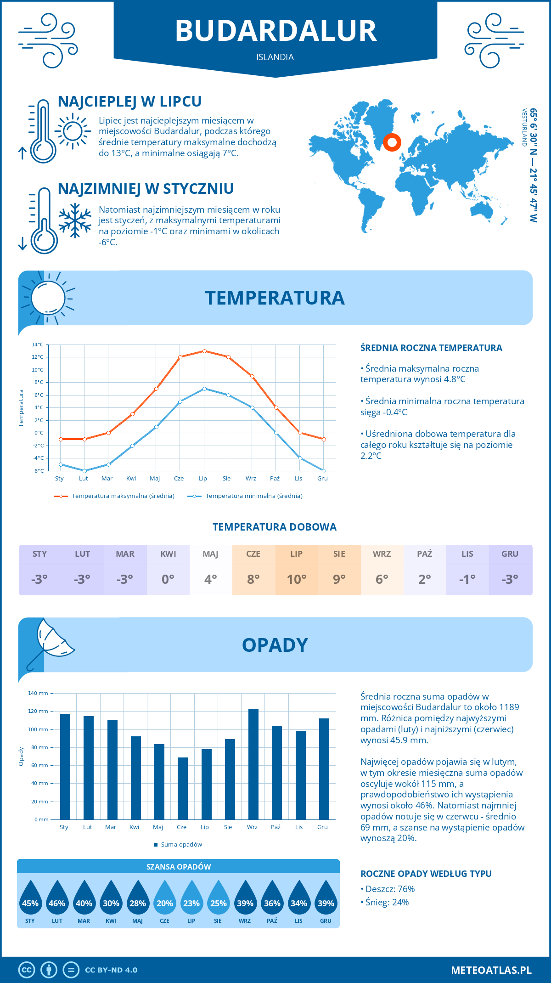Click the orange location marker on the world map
click(392, 142)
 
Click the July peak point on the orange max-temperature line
click(204, 351)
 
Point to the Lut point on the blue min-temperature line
click(84, 471)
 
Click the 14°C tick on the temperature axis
click(38, 345)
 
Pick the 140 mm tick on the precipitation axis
click(38, 693)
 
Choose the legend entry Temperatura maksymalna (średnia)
click(123, 496)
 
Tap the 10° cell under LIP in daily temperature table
click(296, 579)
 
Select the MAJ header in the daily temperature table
click(210, 554)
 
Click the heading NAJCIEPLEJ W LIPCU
click(129, 102)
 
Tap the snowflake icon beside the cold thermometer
click(75, 220)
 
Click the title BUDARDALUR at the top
click(275, 31)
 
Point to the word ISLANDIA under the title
click(275, 57)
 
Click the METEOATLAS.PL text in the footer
click(491, 970)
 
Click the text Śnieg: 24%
click(387, 902)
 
